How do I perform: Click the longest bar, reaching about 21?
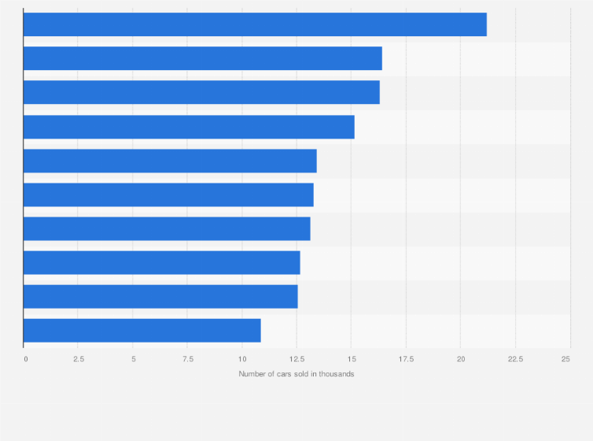pyautogui.click(x=255, y=24)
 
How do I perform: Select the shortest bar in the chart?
pyautogui.click(x=142, y=331)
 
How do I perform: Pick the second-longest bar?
pyautogui.click(x=202, y=58)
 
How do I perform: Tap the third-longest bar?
pyautogui.click(x=201, y=92)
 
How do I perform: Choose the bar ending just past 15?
pyautogui.click(x=189, y=127)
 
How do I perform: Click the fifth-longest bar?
pyautogui.click(x=170, y=161)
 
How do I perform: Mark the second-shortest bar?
pyautogui.click(x=160, y=297)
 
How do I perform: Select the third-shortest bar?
pyautogui.click(x=161, y=263)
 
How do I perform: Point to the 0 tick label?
pyautogui.click(x=26, y=359)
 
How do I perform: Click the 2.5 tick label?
pyautogui.click(x=79, y=359)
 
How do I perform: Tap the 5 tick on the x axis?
pyautogui.click(x=133, y=359)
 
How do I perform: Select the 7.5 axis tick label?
pyautogui.click(x=188, y=359)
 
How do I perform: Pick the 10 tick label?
pyautogui.click(x=242, y=359)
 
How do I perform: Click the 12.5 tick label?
pyautogui.click(x=296, y=359)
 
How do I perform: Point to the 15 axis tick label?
pyautogui.click(x=352, y=359)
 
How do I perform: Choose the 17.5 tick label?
pyautogui.click(x=406, y=359)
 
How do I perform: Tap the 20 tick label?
pyautogui.click(x=461, y=359)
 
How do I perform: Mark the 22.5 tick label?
pyautogui.click(x=515, y=359)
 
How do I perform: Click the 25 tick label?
pyautogui.click(x=565, y=359)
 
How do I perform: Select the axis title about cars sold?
pyautogui.click(x=296, y=373)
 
